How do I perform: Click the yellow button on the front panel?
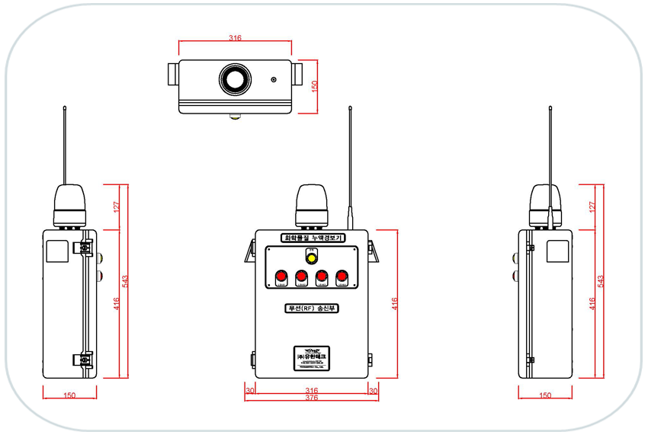coord(310,257)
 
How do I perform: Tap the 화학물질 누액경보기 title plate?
coord(313,238)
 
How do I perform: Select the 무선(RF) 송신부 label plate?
coord(311,309)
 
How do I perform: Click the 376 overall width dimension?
coord(311,398)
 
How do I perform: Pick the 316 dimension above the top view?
coord(235,37)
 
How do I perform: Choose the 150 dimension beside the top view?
coord(314,87)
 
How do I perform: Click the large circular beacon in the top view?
coord(236,78)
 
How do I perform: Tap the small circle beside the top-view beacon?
coord(273,79)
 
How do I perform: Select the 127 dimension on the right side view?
coord(592,206)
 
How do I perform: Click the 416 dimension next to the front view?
coord(395,302)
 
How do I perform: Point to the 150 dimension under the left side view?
coord(69,395)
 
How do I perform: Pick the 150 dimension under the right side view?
coord(544,395)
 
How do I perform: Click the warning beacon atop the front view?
coord(311,204)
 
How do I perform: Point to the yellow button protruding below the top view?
coord(236,117)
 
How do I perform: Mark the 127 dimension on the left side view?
coord(116,206)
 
